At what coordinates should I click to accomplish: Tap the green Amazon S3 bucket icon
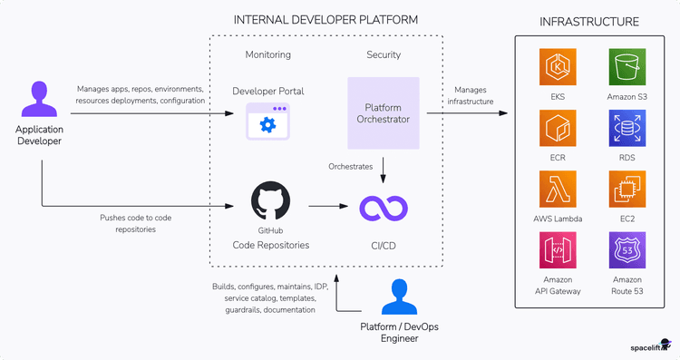pos(627,68)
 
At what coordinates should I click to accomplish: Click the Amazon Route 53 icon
pos(627,248)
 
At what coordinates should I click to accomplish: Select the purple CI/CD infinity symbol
pos(383,208)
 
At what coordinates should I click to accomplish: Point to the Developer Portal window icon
pos(267,122)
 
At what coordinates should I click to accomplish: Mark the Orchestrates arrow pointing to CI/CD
pos(384,168)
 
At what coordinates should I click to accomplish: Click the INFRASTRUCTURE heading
pos(588,22)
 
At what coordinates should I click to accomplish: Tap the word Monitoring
pos(267,54)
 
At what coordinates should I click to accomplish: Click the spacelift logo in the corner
pos(649,346)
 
